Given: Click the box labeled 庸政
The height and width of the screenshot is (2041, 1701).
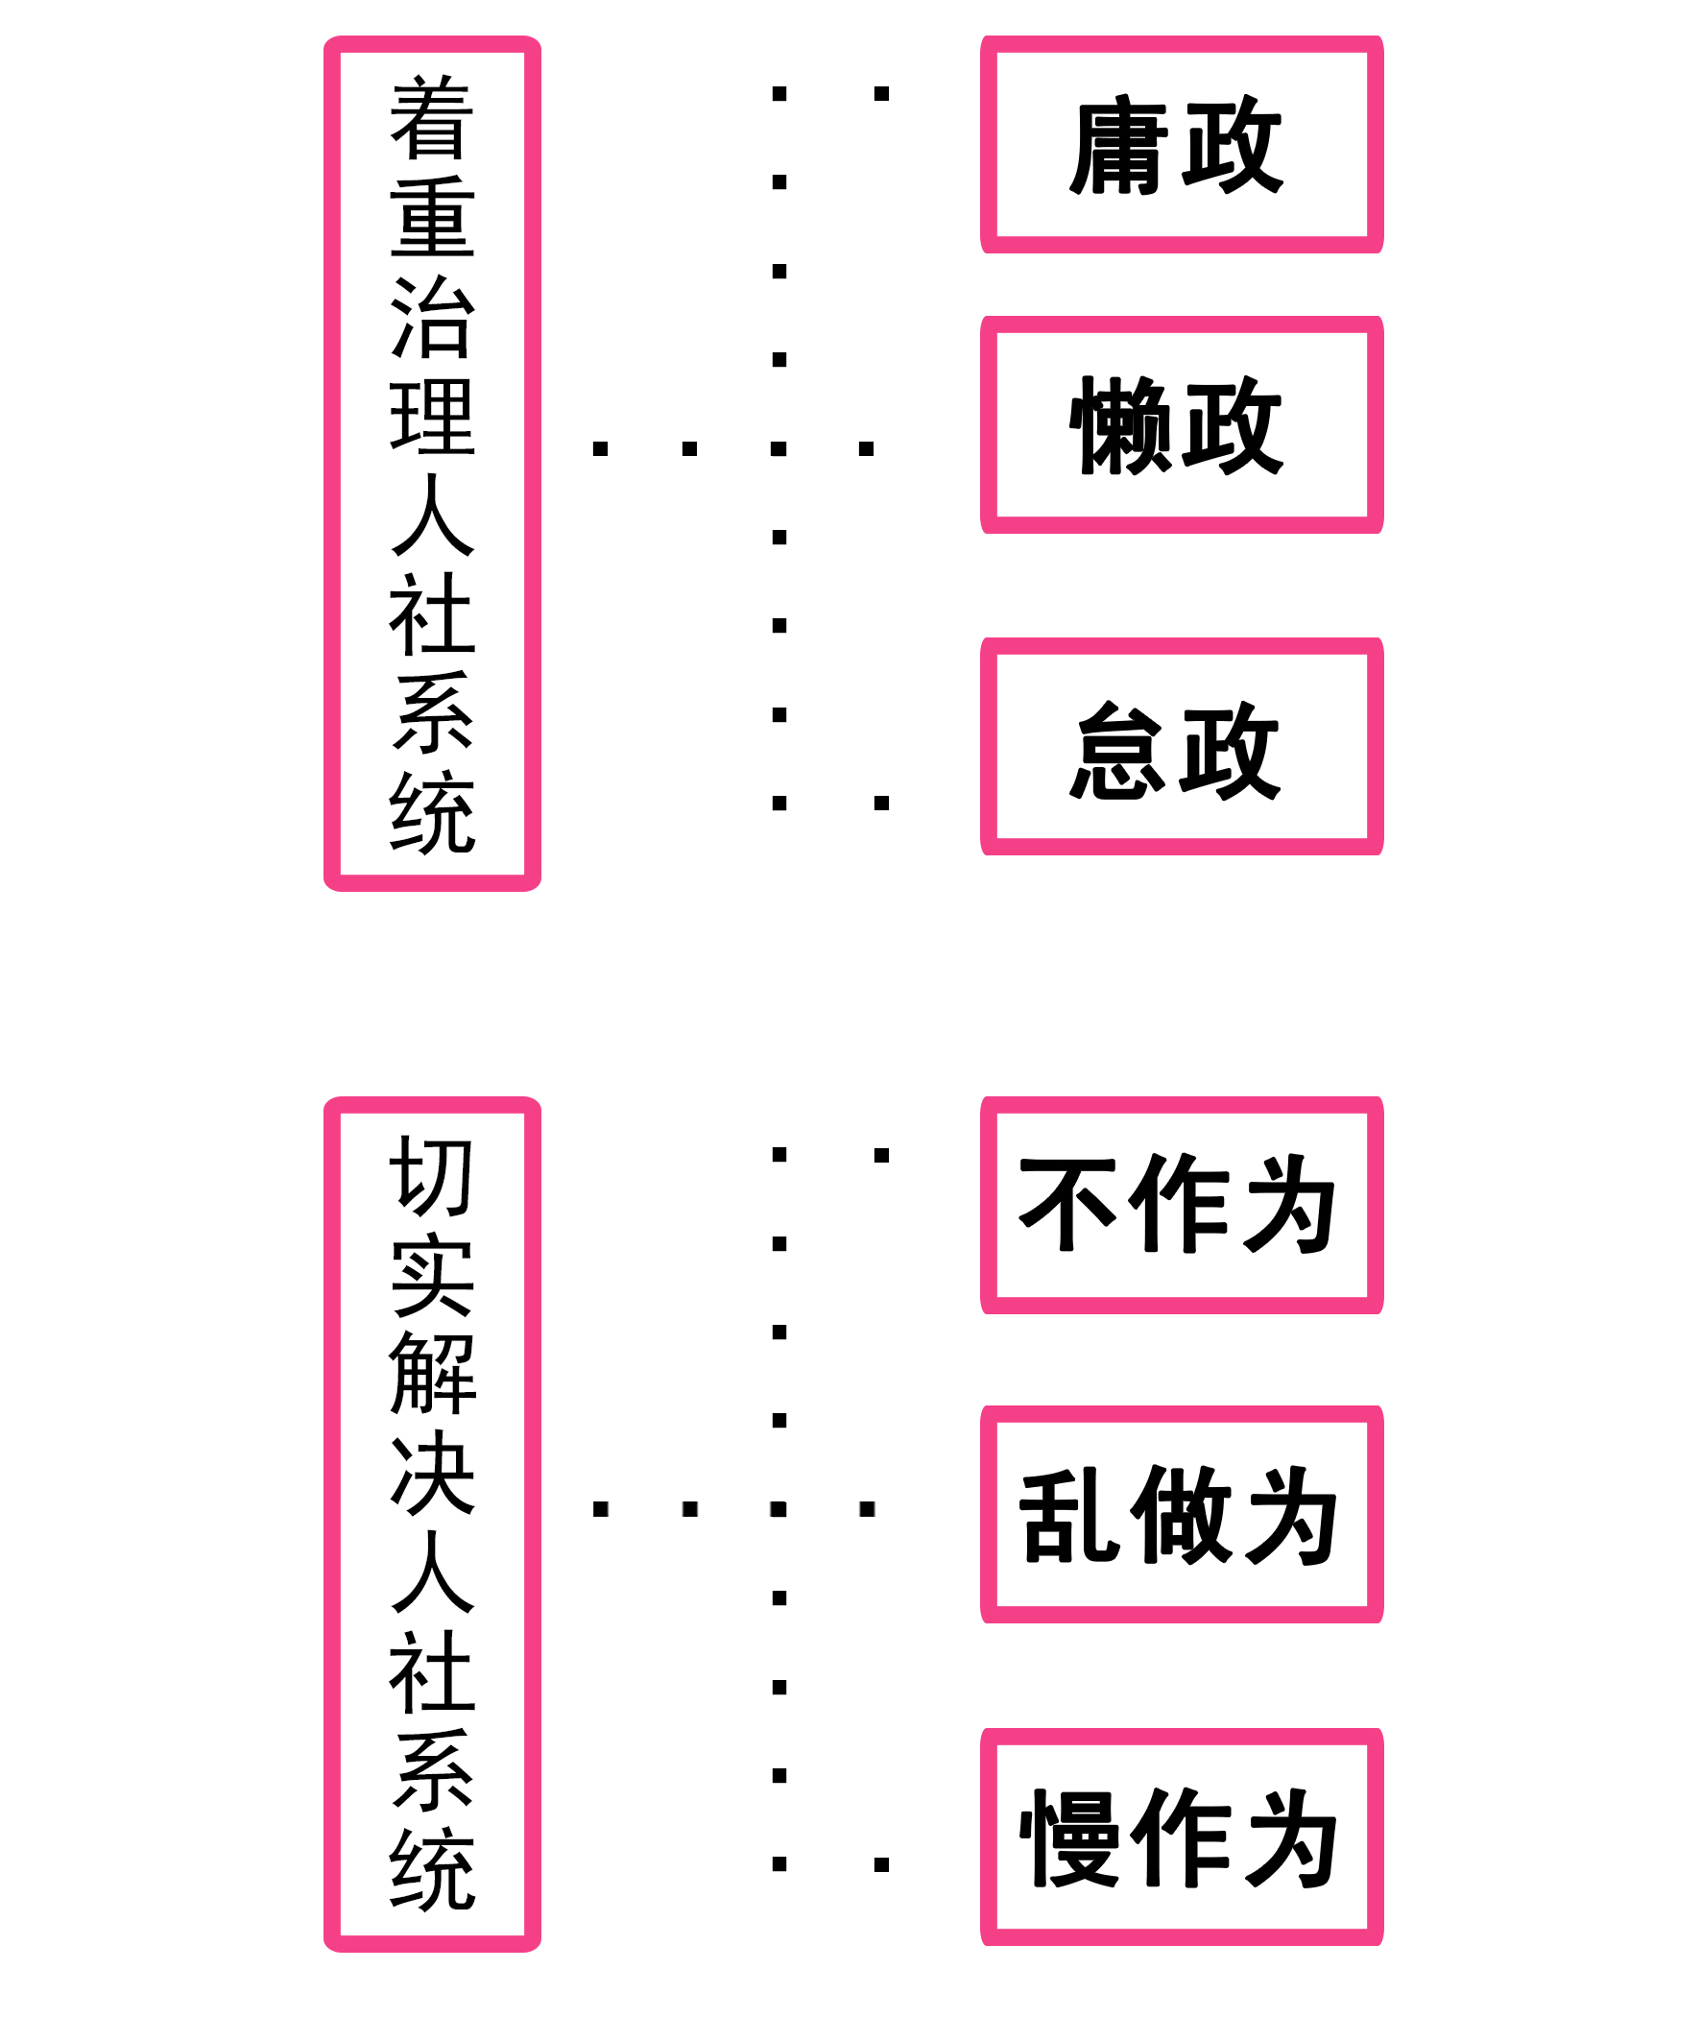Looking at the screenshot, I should [x=1181, y=145].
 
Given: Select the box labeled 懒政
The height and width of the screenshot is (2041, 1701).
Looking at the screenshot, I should [x=1181, y=424].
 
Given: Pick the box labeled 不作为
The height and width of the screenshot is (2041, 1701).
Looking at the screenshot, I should [x=1181, y=1205].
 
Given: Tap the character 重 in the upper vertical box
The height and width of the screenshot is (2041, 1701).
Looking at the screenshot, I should [x=432, y=217].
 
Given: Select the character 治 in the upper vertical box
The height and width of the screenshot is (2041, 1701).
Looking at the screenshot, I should [x=432, y=316].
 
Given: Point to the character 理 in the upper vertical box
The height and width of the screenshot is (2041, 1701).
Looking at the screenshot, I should [x=432, y=416].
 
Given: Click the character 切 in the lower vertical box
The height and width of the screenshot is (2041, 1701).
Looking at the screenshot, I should [x=432, y=1177].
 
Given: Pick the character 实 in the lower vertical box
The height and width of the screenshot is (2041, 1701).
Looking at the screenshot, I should [x=432, y=1274].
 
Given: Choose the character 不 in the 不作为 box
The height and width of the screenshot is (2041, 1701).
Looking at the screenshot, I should [x=1066, y=1205].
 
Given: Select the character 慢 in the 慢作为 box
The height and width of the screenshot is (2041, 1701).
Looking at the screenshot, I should [x=1066, y=1838].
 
